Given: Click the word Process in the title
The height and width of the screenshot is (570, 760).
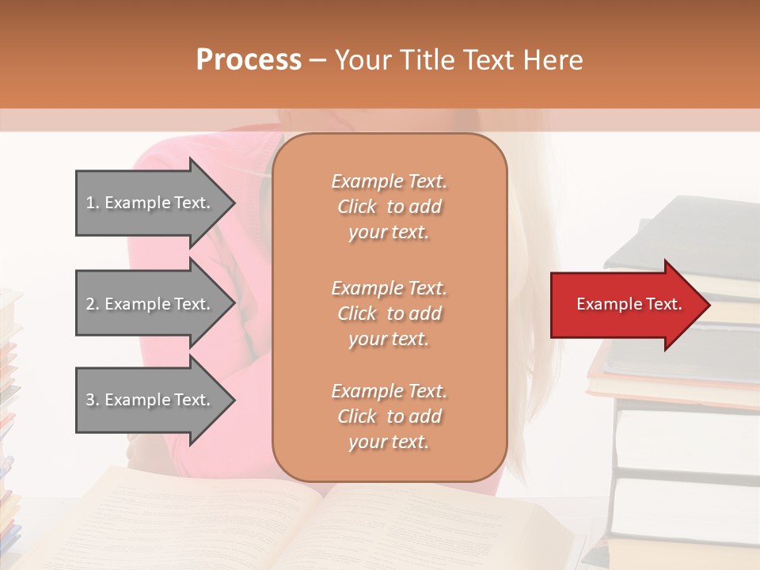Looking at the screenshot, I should tap(249, 60).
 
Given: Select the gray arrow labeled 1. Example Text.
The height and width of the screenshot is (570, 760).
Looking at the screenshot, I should tap(150, 203).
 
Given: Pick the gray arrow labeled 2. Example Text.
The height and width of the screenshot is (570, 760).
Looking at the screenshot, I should tap(150, 304).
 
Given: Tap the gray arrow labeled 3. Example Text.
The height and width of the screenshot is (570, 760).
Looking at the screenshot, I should tap(150, 400).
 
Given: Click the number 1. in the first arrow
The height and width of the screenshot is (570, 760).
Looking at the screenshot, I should tap(92, 203).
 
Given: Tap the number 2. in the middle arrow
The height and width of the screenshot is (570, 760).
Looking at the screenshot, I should tap(92, 304).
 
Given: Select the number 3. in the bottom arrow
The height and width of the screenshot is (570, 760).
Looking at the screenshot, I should tap(92, 400).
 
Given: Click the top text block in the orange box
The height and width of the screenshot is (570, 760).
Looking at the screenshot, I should tap(389, 207).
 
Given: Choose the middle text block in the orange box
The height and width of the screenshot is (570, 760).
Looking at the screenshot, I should tap(389, 313).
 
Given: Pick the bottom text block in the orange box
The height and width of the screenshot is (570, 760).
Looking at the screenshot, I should tap(389, 416).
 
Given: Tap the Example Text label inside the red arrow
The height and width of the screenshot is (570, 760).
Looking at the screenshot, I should tap(629, 304).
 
